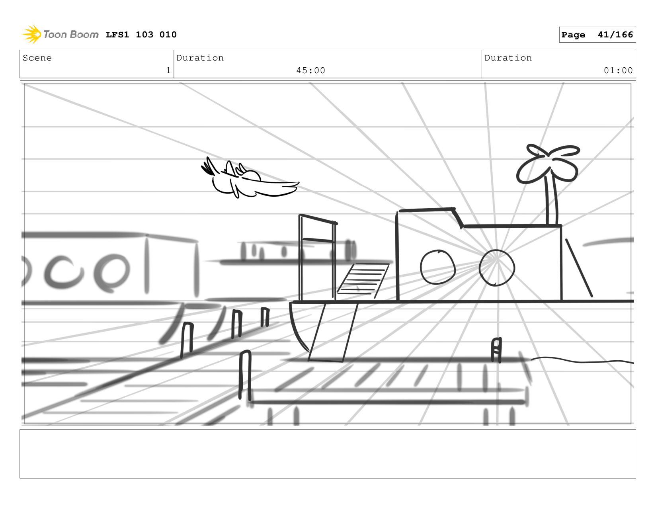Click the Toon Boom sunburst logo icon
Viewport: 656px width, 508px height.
pos(32,34)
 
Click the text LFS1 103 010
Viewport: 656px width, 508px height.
pos(141,35)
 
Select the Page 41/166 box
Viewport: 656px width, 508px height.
pos(597,35)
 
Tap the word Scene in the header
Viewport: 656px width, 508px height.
pos(37,58)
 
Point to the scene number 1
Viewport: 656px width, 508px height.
pos(168,70)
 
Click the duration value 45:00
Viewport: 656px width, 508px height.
pos(310,70)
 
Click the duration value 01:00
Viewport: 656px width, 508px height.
pos(618,70)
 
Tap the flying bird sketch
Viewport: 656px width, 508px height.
pos(247,181)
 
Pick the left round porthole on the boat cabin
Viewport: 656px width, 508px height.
pos(437,267)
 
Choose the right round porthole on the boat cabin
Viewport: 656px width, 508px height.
pos(496,268)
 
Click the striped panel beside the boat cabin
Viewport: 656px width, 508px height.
pos(362,280)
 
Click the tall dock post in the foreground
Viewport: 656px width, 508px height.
pos(245,374)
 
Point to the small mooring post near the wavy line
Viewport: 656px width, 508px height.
pos(496,350)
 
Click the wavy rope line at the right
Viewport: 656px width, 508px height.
pos(581,361)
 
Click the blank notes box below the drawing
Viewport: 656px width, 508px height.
pos(328,453)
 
